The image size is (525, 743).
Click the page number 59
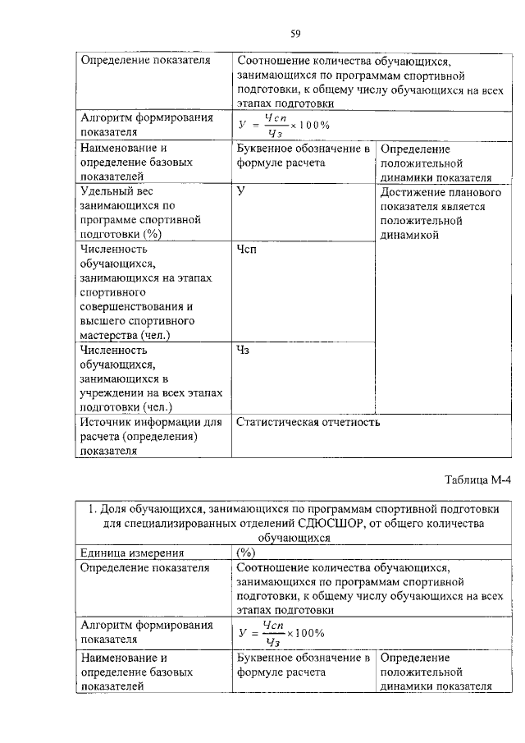[x=296, y=34]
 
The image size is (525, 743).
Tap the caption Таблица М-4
[x=477, y=480]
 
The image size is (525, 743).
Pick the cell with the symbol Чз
[x=243, y=351]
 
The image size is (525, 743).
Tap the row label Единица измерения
[x=131, y=553]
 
